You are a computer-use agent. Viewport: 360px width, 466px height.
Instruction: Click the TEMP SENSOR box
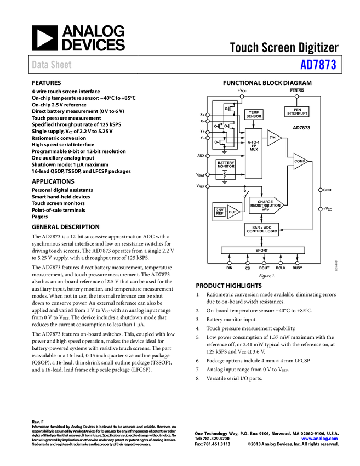point(254,114)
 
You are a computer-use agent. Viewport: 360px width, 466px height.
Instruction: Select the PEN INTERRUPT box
point(297,111)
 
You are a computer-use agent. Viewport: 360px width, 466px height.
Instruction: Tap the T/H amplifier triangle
point(273,138)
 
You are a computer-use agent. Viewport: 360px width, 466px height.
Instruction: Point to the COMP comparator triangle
point(300,161)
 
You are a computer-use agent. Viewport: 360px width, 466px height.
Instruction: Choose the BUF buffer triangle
point(233,212)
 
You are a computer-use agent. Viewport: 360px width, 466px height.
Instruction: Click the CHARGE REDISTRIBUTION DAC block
point(266,205)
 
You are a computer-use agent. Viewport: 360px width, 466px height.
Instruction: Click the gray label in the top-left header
point(52,65)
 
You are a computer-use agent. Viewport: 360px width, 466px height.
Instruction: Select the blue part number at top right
point(318,65)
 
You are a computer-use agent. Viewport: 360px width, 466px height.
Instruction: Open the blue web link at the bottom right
point(320,439)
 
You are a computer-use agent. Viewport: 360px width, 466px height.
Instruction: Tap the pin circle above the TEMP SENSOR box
point(242,96)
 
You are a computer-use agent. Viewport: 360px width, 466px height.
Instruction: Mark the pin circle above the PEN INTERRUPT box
point(297,96)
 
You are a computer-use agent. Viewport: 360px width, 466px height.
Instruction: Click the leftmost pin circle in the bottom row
point(229,263)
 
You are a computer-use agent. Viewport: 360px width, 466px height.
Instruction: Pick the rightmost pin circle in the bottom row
point(297,263)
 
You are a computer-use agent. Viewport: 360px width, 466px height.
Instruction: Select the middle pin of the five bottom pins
point(264,263)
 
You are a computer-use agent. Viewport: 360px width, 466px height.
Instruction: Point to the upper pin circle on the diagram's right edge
point(320,190)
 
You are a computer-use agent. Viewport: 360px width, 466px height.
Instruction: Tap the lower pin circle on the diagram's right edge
point(320,209)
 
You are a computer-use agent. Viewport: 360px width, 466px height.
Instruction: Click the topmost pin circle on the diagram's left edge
point(208,115)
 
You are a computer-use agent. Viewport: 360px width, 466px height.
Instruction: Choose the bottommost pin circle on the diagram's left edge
point(208,187)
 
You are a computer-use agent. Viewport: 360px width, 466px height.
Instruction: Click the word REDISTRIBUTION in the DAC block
point(266,205)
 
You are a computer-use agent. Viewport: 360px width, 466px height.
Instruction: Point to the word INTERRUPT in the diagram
point(297,113)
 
